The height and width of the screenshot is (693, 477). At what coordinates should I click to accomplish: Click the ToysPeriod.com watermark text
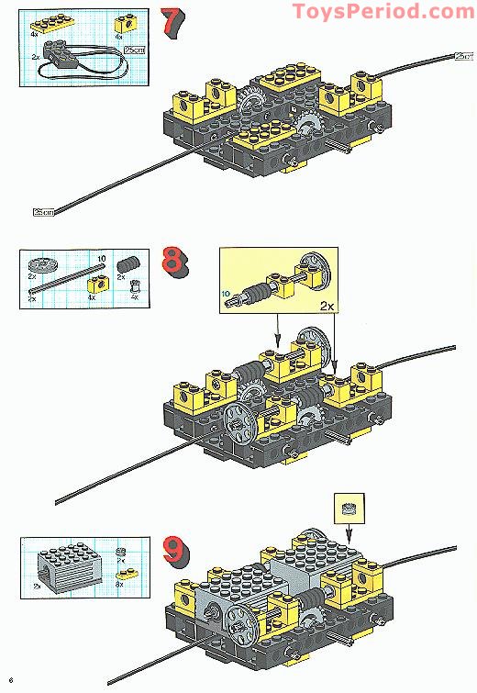(x=383, y=12)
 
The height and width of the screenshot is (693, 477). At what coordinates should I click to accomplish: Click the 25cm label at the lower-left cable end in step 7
(x=43, y=212)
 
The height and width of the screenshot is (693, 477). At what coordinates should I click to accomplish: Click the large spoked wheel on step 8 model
(x=240, y=421)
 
